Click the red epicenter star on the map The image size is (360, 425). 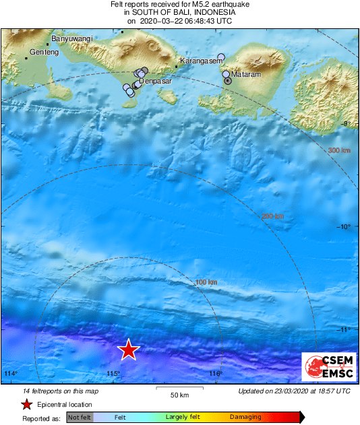pyautogui.click(x=128, y=350)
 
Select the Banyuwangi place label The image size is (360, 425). pyautogui.click(x=72, y=39)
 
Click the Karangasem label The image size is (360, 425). pyautogui.click(x=200, y=61)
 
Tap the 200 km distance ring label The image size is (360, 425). pyautogui.click(x=272, y=216)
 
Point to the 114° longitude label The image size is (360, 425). pyautogui.click(x=10, y=374)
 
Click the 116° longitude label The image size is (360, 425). pyautogui.click(x=215, y=374)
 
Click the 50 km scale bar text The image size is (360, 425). pyautogui.click(x=179, y=395)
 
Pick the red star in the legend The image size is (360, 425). pyautogui.click(x=26, y=404)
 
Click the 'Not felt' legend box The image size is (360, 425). pyautogui.click(x=80, y=417)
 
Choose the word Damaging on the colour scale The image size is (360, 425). pyautogui.click(x=245, y=417)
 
